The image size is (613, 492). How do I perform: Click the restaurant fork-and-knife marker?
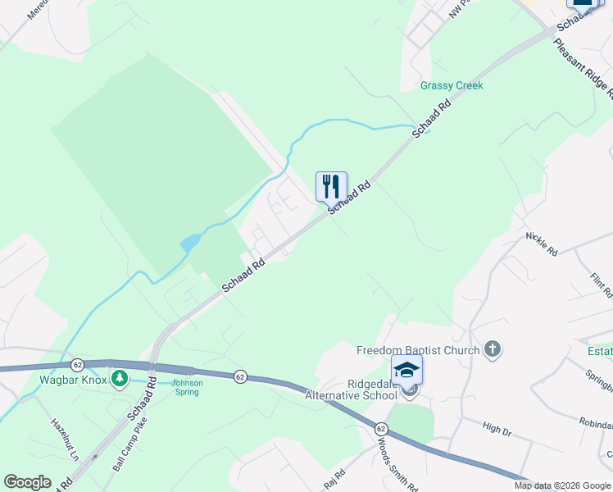tap(331, 186)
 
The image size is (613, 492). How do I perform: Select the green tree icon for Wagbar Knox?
tap(120, 378)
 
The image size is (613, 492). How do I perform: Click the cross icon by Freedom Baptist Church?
tap(492, 350)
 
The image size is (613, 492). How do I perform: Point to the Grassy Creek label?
tap(452, 85)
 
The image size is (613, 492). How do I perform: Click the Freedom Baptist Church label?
tap(417, 351)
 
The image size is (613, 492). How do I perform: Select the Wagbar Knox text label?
tap(75, 380)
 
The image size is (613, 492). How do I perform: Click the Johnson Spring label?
tap(186, 387)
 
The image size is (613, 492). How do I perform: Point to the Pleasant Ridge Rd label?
tap(585, 68)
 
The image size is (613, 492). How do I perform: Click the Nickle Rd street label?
tap(542, 244)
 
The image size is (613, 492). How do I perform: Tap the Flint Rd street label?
tap(602, 281)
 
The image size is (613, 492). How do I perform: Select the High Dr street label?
tap(497, 428)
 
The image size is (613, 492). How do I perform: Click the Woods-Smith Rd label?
tap(397, 463)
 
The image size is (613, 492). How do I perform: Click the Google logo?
tap(27, 482)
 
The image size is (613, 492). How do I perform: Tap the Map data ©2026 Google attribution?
tap(562, 485)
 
